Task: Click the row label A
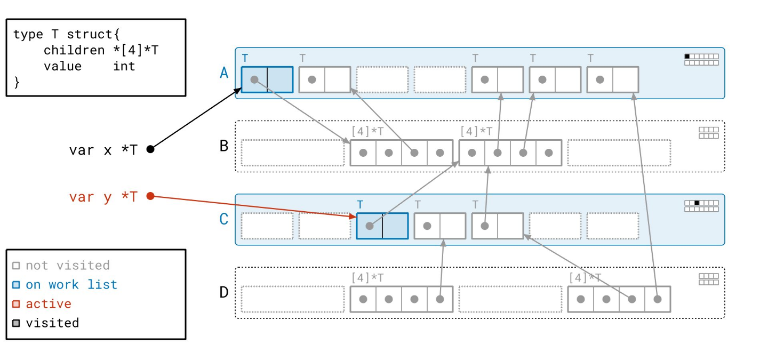(x=224, y=73)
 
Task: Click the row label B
(x=224, y=146)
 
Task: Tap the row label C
(x=224, y=219)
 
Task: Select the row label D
(x=224, y=292)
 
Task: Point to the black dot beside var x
(x=150, y=149)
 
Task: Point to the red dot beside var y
(x=150, y=196)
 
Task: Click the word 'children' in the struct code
(x=74, y=50)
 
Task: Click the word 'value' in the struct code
(x=62, y=66)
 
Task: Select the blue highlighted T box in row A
(x=267, y=79)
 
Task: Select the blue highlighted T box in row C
(x=382, y=226)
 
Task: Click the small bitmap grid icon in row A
(x=701, y=59)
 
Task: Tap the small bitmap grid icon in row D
(x=708, y=279)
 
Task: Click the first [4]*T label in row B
(x=367, y=131)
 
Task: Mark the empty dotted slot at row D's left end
(x=292, y=299)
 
